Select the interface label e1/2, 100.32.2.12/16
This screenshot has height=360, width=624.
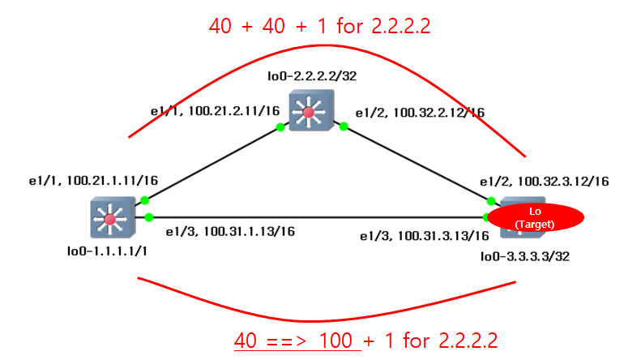pyautogui.click(x=421, y=112)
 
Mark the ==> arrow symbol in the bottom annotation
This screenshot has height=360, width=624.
pyautogui.click(x=288, y=339)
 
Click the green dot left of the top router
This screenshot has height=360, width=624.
pyautogui.click(x=280, y=126)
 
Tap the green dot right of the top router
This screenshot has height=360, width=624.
pyautogui.click(x=344, y=126)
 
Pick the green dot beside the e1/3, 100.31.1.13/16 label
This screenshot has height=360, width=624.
pyautogui.click(x=149, y=217)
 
